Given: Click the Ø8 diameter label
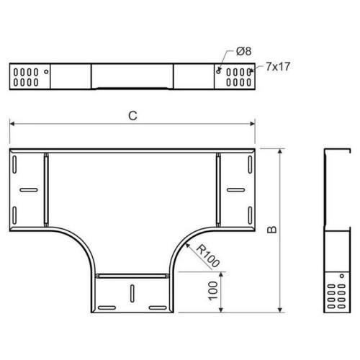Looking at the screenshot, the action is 243,51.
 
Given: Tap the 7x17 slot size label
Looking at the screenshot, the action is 278,66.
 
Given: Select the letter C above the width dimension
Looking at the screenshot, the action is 132,116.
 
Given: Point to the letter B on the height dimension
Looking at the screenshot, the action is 272,230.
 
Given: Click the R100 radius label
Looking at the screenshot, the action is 208,256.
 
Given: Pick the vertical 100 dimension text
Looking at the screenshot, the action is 213,291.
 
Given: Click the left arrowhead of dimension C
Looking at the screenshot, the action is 12,124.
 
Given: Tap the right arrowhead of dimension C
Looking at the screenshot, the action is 252,124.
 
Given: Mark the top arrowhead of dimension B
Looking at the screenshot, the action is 280,151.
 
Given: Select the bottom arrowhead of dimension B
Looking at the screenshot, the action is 280,310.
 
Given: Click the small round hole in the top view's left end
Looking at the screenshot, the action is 46,71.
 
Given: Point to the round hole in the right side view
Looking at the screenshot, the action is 342,276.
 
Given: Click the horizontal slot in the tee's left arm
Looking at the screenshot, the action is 29,190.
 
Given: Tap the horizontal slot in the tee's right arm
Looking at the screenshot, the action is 236,190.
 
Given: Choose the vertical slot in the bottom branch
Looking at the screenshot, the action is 132,294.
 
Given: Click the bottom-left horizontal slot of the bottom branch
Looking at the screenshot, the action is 107,307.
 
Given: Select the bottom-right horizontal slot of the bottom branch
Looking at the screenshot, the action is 158,307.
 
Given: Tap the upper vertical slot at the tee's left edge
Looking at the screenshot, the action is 14,165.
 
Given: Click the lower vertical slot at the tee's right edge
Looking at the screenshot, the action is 250,215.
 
